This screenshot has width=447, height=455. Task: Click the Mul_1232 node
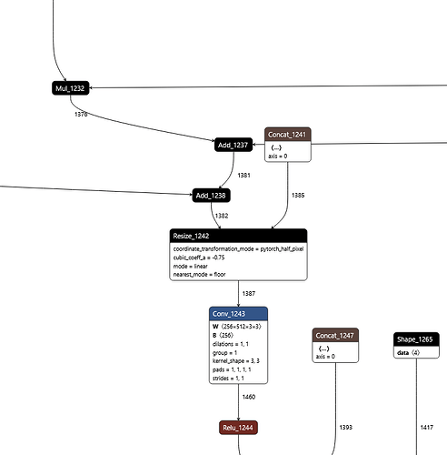pos(69,88)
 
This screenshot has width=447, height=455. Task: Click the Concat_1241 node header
pos(288,134)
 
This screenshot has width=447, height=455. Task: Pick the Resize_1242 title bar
pos(237,236)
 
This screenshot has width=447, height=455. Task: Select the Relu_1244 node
pos(239,427)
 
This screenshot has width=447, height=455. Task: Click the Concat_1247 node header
pos(337,335)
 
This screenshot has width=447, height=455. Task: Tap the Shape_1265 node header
pos(416,339)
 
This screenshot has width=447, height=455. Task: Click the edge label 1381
pos(243,176)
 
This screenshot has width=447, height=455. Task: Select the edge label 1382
pos(222,216)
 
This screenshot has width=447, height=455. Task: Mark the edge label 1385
pos(298,195)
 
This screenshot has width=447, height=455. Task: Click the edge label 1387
pos(249,294)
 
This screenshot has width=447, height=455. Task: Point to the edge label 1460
pos(249,397)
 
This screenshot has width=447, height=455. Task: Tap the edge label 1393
pos(346,426)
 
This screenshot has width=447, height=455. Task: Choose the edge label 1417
pos(426,426)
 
